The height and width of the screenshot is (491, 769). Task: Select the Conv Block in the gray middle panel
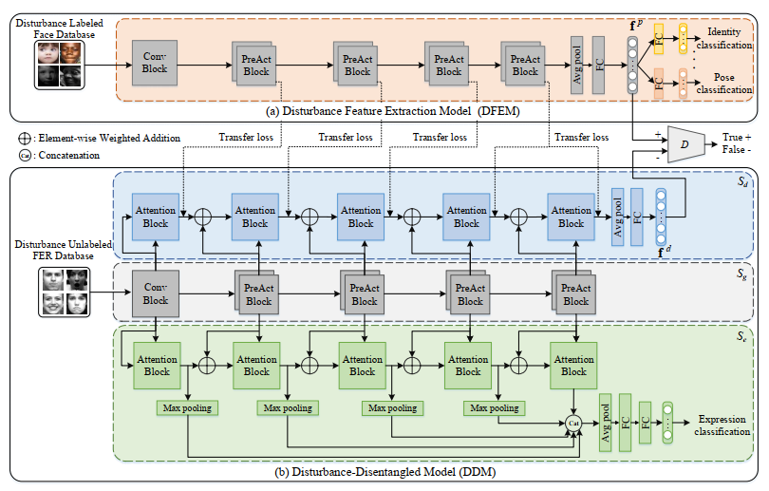click(x=155, y=294)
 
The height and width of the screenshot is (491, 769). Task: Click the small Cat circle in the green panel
click(x=572, y=420)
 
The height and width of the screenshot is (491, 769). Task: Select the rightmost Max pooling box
click(x=493, y=407)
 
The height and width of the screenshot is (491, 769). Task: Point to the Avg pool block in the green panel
click(x=605, y=419)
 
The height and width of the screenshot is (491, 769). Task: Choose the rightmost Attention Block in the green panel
click(x=572, y=366)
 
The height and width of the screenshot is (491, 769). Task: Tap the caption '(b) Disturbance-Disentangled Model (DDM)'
click(x=380, y=471)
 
